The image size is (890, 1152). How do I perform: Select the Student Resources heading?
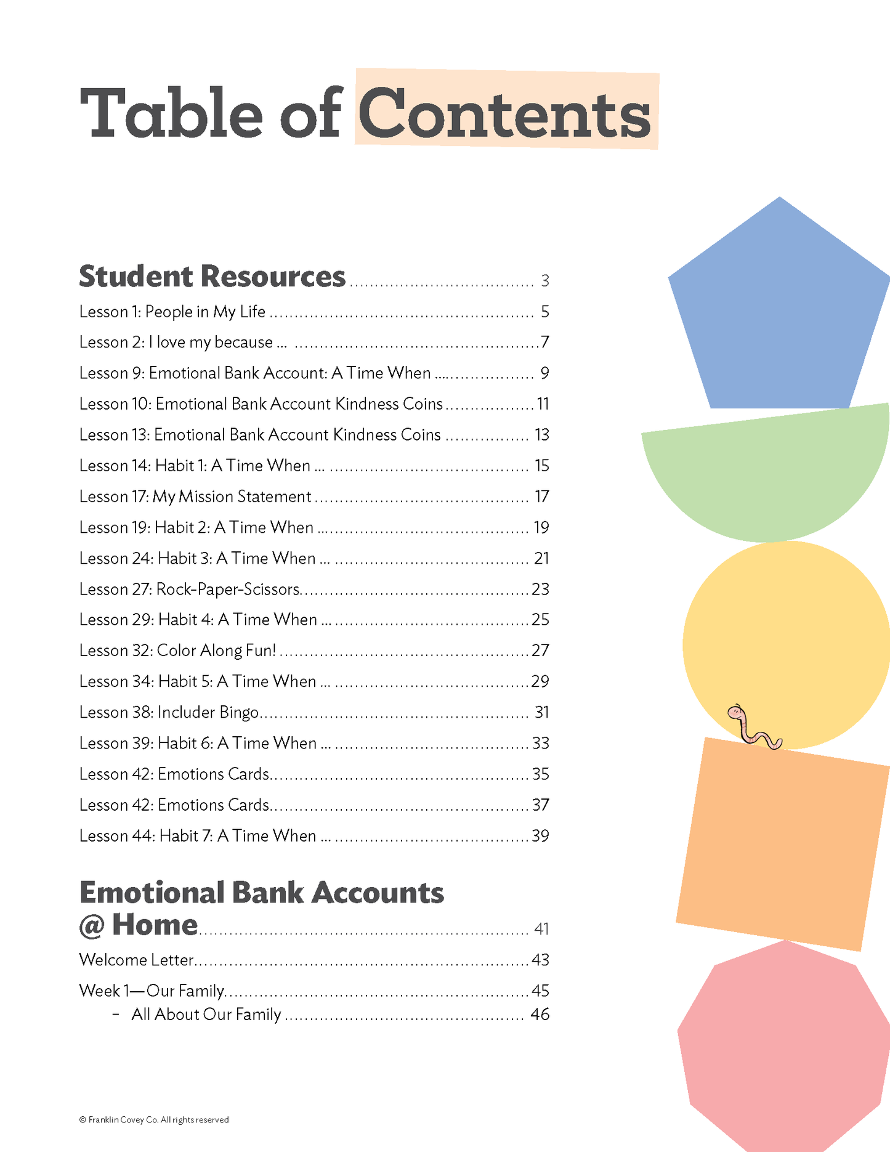(x=212, y=277)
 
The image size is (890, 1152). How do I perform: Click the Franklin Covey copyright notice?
(x=154, y=1120)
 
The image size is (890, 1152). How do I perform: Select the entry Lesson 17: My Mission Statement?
(x=195, y=497)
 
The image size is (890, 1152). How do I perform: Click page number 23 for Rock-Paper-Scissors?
(x=540, y=590)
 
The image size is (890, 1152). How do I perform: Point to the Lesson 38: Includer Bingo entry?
(x=169, y=713)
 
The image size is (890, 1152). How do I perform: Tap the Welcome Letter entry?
(x=137, y=960)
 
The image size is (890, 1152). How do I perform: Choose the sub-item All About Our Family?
(x=206, y=1015)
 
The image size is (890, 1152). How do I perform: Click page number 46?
(x=540, y=1015)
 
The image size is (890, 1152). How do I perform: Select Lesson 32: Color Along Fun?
(x=177, y=651)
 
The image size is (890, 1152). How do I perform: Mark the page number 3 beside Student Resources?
(x=544, y=281)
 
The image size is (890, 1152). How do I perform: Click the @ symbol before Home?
(x=92, y=926)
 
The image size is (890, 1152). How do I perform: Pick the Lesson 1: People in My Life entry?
(x=172, y=312)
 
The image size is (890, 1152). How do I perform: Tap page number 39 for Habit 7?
(x=540, y=836)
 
